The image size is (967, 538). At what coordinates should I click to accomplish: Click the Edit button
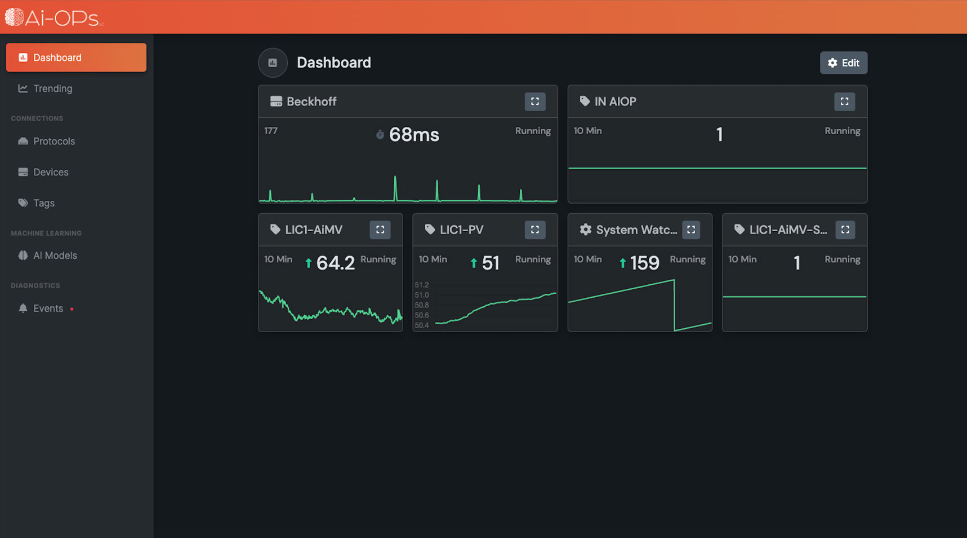tap(843, 63)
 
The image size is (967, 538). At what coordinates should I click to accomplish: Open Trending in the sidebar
tap(52, 89)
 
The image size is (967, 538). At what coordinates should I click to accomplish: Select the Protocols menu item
tap(54, 141)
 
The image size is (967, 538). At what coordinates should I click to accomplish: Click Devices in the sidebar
tap(50, 172)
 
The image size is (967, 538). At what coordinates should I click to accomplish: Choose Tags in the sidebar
tap(43, 203)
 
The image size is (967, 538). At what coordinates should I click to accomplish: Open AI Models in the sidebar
tap(55, 255)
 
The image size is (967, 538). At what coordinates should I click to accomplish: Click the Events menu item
tap(47, 308)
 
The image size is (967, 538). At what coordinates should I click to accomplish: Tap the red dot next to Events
tap(72, 309)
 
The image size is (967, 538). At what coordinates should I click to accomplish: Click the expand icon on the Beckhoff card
tap(534, 102)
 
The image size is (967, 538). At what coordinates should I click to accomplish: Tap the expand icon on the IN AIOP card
tap(844, 102)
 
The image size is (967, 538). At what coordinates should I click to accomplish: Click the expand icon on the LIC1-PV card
tap(534, 230)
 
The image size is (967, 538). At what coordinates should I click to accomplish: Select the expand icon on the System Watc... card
tap(690, 230)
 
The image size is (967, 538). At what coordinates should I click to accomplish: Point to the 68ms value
tap(413, 135)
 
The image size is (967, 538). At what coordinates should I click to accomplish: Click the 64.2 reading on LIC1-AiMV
tap(335, 263)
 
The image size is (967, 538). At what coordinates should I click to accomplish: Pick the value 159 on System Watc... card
tap(644, 263)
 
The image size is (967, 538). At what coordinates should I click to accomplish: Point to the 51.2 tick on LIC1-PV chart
tap(421, 285)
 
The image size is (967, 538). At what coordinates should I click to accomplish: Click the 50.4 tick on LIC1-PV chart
tap(421, 325)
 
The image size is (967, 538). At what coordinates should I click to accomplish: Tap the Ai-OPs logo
tap(54, 17)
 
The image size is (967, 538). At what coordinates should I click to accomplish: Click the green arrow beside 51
tap(474, 263)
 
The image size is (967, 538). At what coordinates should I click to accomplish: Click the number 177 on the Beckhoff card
tap(271, 131)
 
